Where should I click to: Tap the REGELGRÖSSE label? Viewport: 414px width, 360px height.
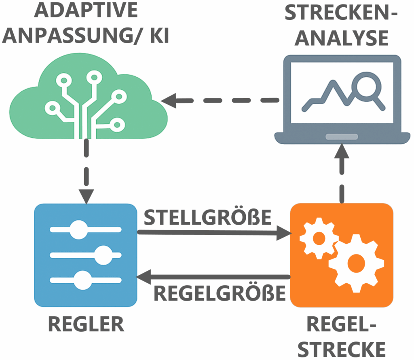coord(220,294)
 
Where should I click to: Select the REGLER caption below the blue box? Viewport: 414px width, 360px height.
coord(86,324)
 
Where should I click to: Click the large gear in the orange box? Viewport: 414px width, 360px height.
coord(356,263)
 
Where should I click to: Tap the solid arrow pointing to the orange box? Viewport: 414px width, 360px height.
coord(214,233)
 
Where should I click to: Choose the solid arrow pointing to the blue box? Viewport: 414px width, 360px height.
coord(214,278)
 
